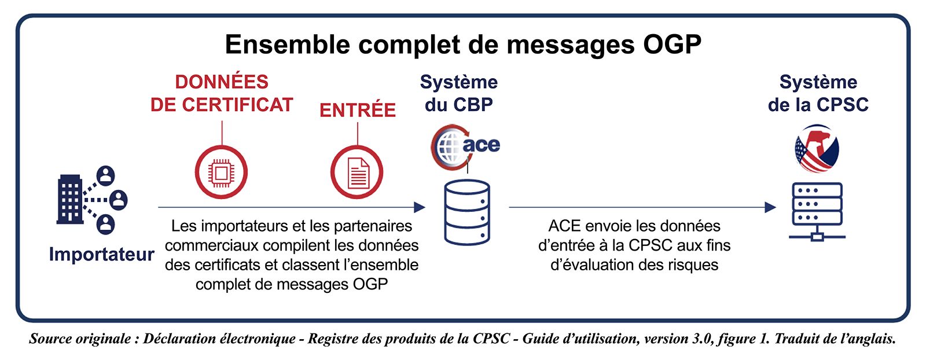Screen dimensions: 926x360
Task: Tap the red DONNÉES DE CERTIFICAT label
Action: pos(222,93)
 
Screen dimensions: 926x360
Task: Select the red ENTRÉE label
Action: pos(358,110)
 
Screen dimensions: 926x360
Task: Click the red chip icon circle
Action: pos(221,172)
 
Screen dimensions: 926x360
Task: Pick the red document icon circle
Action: pos(357,172)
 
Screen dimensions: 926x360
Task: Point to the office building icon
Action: pos(69,199)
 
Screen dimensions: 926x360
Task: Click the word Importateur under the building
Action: pos(102,254)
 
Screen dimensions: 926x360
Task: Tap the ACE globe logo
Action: pos(465,147)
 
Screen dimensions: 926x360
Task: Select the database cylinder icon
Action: pos(467,212)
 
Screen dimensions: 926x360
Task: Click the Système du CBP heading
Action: pos(459,93)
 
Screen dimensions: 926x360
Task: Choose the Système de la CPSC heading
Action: pos(818,93)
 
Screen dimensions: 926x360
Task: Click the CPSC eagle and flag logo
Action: pos(817,148)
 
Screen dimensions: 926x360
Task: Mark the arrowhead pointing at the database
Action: pos(420,207)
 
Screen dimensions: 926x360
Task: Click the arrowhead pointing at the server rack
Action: pos(770,207)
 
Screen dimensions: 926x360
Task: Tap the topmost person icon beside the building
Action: pos(106,176)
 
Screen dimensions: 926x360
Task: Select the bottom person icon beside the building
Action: pos(106,225)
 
